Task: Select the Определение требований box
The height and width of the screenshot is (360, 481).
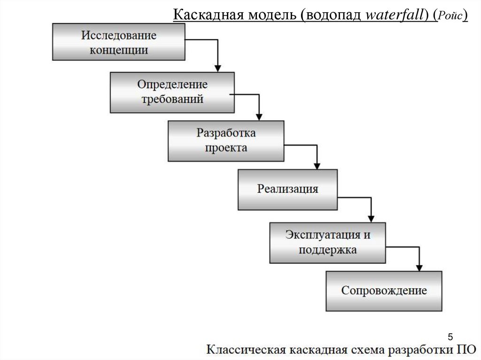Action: (x=172, y=92)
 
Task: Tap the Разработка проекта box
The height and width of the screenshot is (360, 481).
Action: (x=226, y=141)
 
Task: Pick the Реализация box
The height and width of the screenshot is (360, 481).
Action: (x=287, y=189)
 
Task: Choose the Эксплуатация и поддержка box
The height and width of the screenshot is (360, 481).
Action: (x=327, y=242)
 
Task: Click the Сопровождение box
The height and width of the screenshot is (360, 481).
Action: (x=384, y=291)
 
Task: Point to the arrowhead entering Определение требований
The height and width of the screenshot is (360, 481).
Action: (x=217, y=69)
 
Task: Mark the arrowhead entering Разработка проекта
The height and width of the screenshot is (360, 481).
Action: (x=258, y=117)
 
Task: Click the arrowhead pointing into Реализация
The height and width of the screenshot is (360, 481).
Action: (x=317, y=166)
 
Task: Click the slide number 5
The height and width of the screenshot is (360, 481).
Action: (x=451, y=337)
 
